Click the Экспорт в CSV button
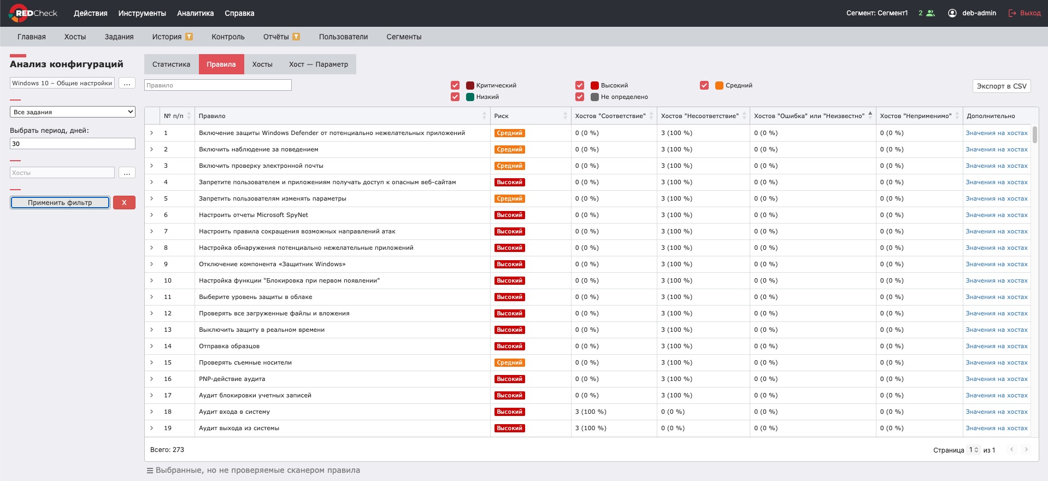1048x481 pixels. click(x=1002, y=86)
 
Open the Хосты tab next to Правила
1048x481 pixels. click(x=262, y=64)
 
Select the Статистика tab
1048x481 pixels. click(x=172, y=64)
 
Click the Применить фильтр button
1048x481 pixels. click(x=60, y=203)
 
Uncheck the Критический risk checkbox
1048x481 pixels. click(x=455, y=85)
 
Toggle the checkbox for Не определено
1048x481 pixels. click(x=580, y=97)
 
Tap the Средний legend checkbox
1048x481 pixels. click(x=704, y=85)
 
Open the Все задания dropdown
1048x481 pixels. click(x=73, y=112)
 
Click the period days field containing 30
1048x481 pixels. click(x=73, y=144)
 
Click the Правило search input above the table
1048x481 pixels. click(x=218, y=85)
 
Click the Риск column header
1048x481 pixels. click(x=502, y=116)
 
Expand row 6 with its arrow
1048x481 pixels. click(x=152, y=215)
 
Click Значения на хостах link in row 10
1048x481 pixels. click(x=997, y=280)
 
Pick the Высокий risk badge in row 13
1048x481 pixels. click(x=510, y=330)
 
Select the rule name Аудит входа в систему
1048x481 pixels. click(x=234, y=412)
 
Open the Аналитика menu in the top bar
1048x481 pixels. click(x=196, y=13)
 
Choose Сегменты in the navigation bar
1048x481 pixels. click(x=404, y=37)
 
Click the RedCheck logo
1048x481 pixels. click(x=33, y=13)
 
